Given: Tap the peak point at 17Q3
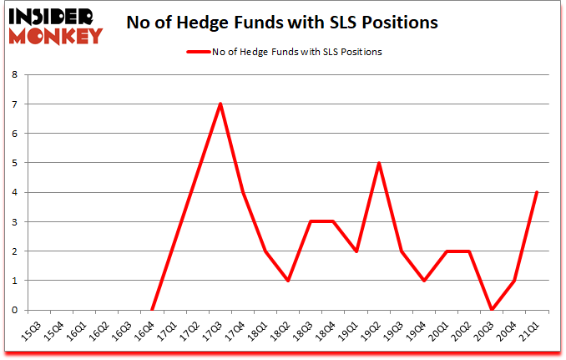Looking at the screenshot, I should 220,104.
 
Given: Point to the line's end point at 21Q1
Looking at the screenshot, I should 537,192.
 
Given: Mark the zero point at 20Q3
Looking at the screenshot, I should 492,309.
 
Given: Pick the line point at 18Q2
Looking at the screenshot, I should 288,280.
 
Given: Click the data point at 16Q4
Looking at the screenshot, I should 152,309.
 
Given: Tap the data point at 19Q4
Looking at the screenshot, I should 424,280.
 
